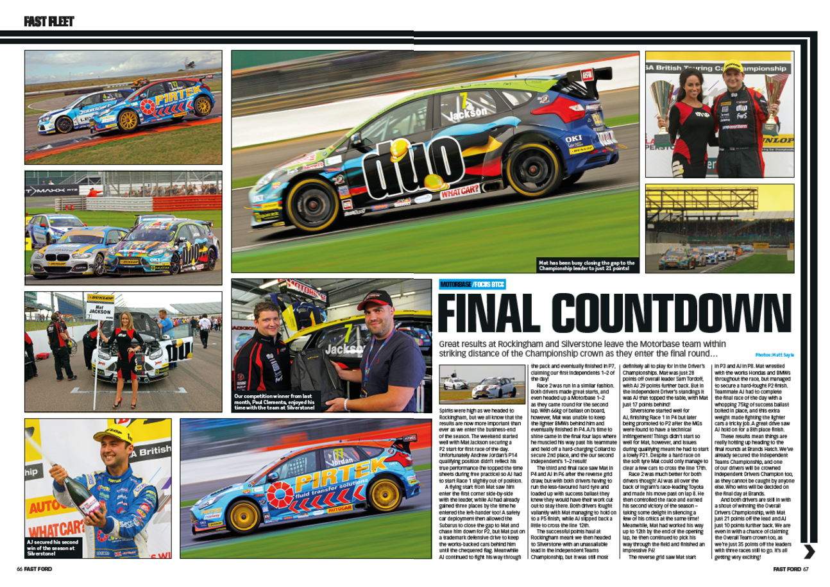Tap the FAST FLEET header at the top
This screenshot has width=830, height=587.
pyautogui.click(x=49, y=22)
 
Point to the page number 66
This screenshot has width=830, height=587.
pyautogui.click(x=20, y=568)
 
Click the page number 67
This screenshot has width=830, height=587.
pyautogui.click(x=806, y=568)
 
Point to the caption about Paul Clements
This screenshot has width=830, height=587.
pyautogui.click(x=275, y=402)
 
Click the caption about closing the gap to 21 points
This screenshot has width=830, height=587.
pyautogui.click(x=586, y=265)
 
